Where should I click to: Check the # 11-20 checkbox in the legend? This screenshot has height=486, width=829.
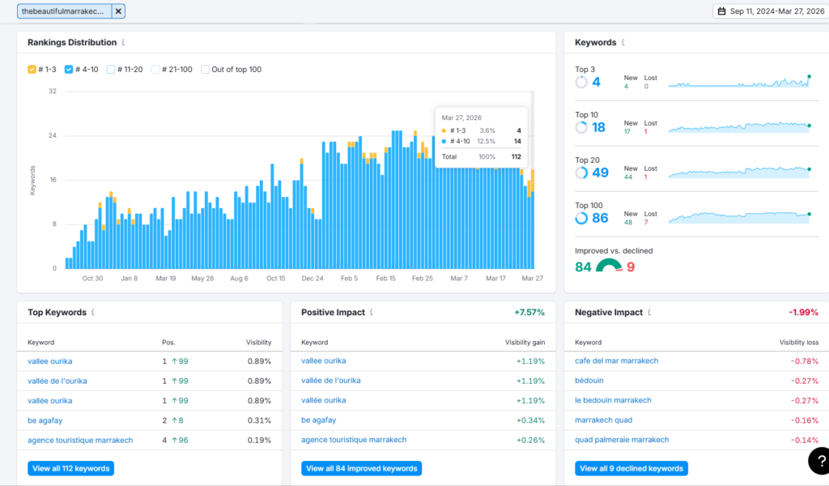pos(110,70)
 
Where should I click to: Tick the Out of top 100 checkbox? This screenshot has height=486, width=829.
pos(205,70)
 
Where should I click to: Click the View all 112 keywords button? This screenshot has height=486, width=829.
pos(71,468)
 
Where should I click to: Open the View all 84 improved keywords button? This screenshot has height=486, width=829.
pos(362,468)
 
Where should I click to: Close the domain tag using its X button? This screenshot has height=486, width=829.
pos(118,11)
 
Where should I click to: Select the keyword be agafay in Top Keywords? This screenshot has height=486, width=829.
pos(45,420)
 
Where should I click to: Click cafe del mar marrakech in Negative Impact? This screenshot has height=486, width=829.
pos(616,360)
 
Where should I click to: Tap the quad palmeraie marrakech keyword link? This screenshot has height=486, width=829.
pos(622,440)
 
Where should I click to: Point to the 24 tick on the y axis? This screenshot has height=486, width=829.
pos(53,135)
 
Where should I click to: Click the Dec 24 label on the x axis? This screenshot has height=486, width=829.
pos(312,278)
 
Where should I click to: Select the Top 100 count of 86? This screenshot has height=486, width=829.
pos(600,218)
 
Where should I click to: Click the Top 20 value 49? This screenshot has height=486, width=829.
pos(600,173)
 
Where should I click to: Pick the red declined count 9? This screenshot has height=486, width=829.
pos(630,267)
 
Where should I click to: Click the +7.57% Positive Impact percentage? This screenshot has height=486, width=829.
pos(529,313)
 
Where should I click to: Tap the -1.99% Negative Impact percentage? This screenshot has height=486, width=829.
pos(803,313)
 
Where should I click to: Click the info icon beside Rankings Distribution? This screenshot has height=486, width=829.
pos(123,42)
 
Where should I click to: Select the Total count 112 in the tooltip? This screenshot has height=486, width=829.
pos(516,156)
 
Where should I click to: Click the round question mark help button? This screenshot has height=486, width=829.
pos(819,461)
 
